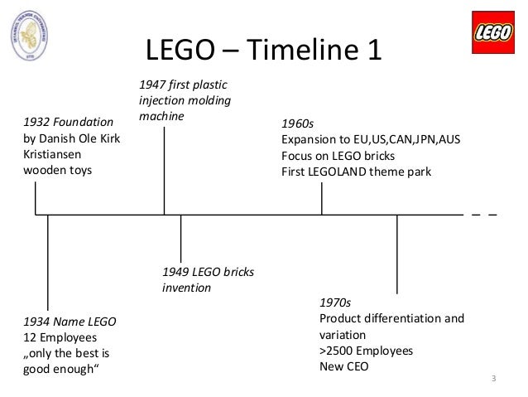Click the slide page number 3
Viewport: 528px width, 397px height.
[493, 380]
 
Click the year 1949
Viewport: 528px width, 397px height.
[174, 272]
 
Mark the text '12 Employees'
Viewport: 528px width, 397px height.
[60, 337]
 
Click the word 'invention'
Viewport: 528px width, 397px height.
[186, 288]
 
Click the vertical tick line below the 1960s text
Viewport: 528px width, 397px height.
[322, 199]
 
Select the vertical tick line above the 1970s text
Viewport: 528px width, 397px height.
[397, 253]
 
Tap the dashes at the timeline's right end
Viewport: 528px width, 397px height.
[484, 215]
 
